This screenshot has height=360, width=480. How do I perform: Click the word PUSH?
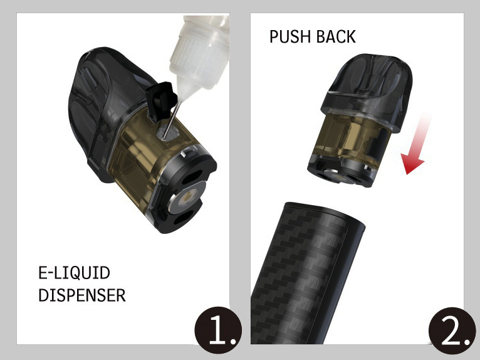(290, 36)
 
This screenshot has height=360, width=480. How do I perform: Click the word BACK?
(336, 36)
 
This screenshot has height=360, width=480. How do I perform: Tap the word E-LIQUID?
(74, 273)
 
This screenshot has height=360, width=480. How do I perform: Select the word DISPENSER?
(82, 295)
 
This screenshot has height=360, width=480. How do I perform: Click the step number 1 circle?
(218, 331)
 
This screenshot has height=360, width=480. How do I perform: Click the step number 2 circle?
(452, 331)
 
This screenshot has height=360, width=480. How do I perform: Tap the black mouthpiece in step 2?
(367, 89)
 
